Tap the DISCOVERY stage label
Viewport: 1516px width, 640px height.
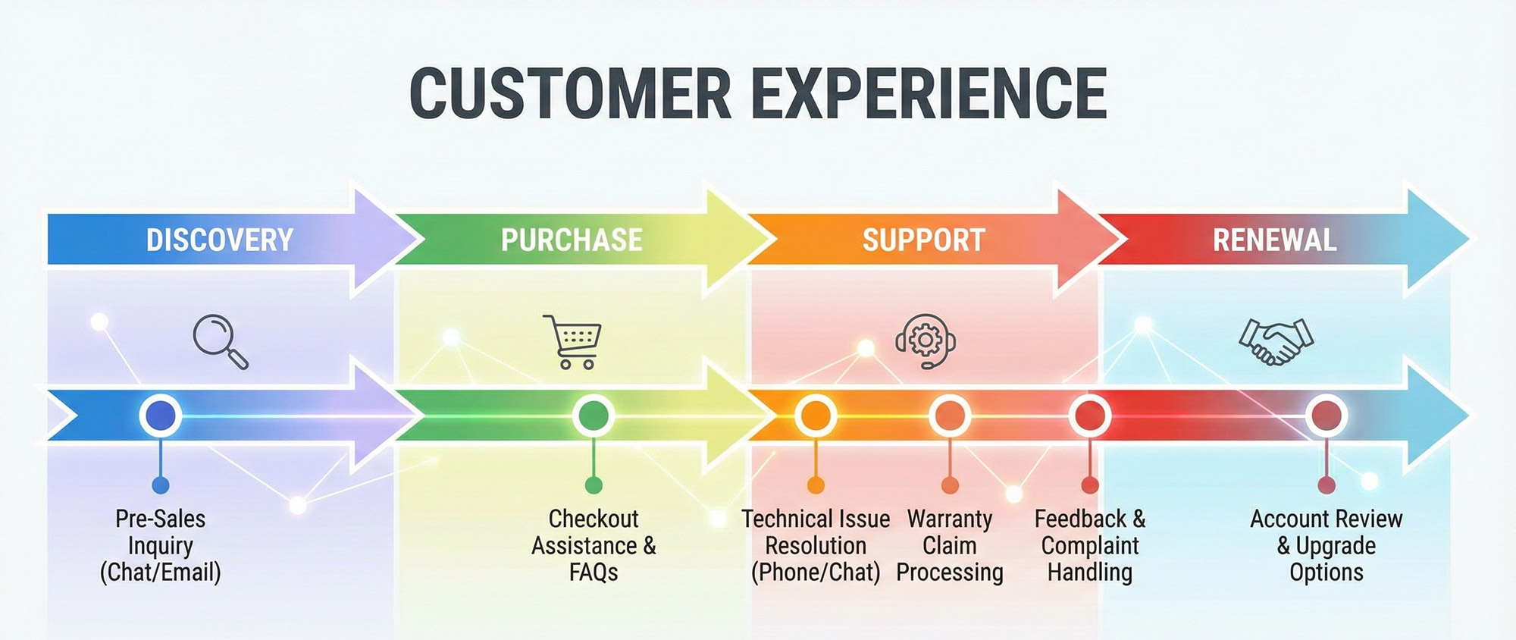[219, 240]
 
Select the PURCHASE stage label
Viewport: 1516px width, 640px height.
[572, 240]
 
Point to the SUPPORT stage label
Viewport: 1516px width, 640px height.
[923, 240]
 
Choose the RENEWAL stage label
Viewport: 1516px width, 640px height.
[1274, 240]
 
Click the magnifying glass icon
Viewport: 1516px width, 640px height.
[220, 341]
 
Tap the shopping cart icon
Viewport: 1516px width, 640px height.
[573, 341]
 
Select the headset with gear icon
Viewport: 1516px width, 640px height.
[925, 340]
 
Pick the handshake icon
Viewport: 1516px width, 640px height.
[1276, 341]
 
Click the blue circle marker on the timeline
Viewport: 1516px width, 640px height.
[160, 416]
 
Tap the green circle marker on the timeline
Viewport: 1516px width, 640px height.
[593, 416]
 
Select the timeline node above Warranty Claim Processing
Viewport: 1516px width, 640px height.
[950, 416]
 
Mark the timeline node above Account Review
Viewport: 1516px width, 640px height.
[1326, 416]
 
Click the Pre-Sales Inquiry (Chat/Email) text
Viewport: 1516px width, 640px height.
[160, 545]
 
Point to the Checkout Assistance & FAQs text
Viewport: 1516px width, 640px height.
[594, 545]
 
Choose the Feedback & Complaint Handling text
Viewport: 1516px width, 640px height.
[1090, 545]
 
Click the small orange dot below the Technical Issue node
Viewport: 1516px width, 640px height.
[816, 485]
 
